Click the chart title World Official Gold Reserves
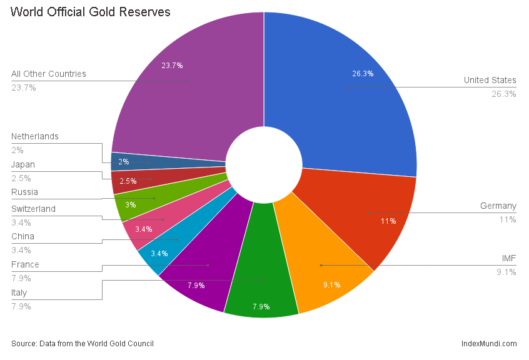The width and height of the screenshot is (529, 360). (x=91, y=12)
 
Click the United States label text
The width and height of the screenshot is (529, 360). (x=490, y=80)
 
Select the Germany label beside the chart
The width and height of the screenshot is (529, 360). (x=498, y=206)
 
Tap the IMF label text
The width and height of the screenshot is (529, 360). (x=508, y=258)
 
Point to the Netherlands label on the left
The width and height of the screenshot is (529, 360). (x=34, y=136)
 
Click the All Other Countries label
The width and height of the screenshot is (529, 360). (x=49, y=74)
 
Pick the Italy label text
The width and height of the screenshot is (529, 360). (x=19, y=292)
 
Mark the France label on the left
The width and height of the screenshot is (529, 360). (x=25, y=264)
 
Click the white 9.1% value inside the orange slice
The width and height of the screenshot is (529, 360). (x=332, y=285)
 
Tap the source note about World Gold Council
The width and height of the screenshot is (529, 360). (x=83, y=343)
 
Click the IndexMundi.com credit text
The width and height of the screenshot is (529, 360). (x=488, y=343)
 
